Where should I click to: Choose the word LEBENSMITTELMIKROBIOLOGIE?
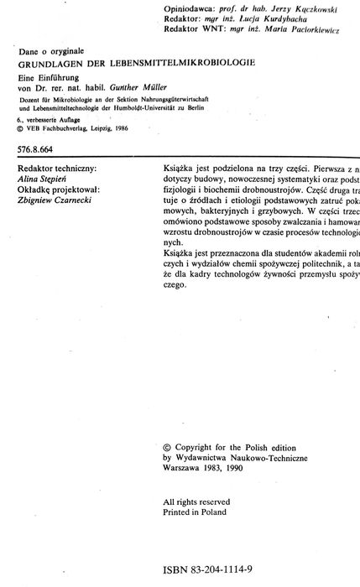(x=181, y=64)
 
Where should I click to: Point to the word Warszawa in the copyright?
(x=185, y=470)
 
